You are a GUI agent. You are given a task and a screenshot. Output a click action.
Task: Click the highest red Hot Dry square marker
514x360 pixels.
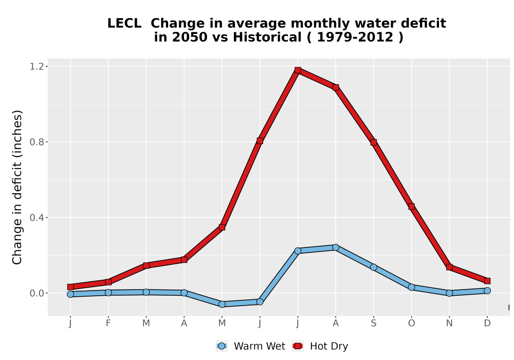(x=298, y=70)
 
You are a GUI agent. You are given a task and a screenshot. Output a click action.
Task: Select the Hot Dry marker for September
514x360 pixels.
(x=374, y=142)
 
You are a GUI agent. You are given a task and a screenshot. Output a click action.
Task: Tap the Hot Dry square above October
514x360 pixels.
(x=411, y=207)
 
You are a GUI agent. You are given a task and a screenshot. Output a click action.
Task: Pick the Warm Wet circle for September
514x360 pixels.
(x=374, y=267)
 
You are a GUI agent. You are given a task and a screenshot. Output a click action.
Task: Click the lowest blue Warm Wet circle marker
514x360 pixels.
(x=222, y=304)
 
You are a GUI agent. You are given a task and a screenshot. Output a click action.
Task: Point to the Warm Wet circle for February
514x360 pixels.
(x=108, y=293)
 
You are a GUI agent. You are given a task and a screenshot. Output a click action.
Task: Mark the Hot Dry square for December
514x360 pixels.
(x=487, y=281)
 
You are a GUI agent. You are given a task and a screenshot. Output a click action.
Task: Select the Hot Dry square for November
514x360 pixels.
(x=449, y=267)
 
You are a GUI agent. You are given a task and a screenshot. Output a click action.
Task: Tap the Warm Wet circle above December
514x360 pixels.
(x=487, y=291)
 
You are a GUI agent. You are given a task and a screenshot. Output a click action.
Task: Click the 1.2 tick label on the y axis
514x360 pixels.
(x=36, y=66)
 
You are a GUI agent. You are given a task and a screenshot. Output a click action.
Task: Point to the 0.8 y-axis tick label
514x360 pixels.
(x=36, y=142)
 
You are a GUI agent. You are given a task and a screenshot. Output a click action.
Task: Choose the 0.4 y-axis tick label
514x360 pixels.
(x=36, y=218)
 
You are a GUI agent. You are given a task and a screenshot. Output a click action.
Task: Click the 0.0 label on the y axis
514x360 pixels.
(x=36, y=293)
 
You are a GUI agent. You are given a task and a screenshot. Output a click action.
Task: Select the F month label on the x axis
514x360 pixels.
(x=108, y=323)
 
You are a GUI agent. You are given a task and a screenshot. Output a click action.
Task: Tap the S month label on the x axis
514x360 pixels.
(x=374, y=323)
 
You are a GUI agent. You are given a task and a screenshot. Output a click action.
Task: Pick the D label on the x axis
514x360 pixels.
(x=487, y=323)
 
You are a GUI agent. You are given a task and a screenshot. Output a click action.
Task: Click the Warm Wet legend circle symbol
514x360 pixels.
(x=222, y=346)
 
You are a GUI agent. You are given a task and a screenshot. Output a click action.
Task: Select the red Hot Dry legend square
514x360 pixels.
(x=298, y=346)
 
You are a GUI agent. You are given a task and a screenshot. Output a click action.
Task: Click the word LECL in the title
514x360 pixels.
(x=124, y=24)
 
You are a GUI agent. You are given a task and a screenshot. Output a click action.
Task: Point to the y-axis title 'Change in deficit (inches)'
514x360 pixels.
(x=17, y=188)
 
